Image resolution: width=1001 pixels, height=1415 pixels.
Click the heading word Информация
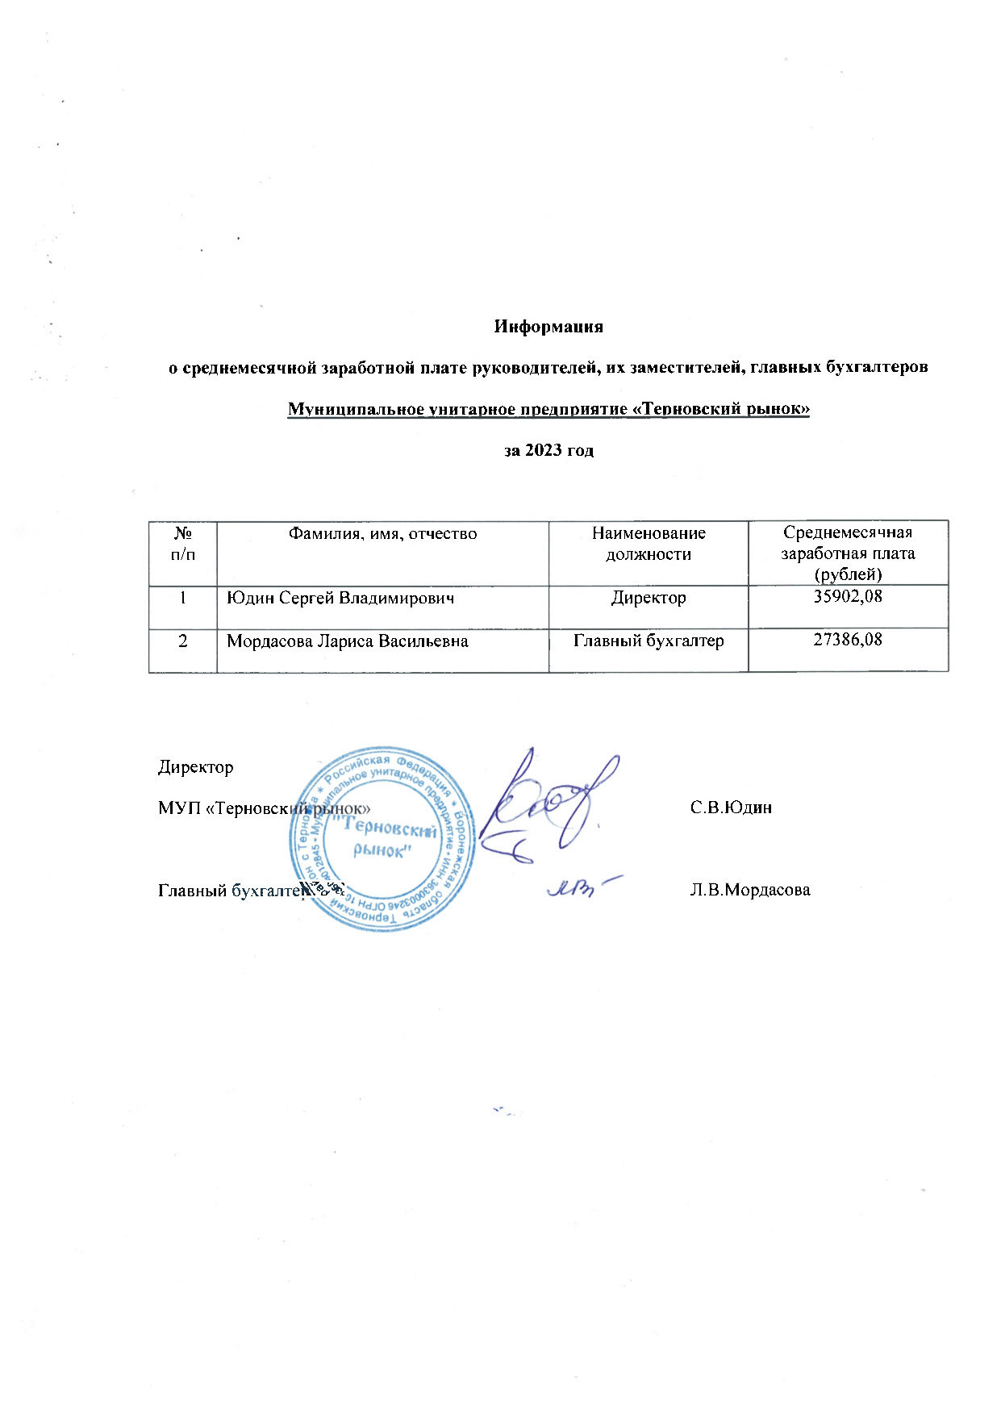[x=548, y=327]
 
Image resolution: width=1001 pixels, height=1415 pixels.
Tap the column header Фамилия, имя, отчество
[x=382, y=534]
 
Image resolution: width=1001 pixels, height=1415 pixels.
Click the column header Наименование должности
[x=649, y=544]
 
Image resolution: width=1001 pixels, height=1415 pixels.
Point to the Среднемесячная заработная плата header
[x=848, y=553]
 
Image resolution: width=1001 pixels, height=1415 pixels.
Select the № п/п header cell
[x=183, y=544]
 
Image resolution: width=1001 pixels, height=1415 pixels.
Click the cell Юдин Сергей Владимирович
[x=340, y=599]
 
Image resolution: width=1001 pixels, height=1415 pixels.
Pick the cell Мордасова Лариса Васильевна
[x=348, y=641]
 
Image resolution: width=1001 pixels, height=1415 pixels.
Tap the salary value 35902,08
[x=848, y=598]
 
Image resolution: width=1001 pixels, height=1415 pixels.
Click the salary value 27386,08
[x=848, y=641]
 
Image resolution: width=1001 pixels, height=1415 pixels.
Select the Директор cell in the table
[x=649, y=599]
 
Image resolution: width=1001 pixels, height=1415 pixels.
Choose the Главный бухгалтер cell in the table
[x=649, y=641]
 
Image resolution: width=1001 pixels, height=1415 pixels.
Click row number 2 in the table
[x=183, y=641]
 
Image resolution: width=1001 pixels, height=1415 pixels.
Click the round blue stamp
[x=382, y=839]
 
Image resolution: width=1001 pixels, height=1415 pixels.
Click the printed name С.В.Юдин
[x=731, y=808]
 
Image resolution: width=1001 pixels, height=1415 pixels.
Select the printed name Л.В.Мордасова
[x=750, y=890]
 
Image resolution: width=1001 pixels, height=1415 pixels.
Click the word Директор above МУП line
[x=196, y=767]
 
